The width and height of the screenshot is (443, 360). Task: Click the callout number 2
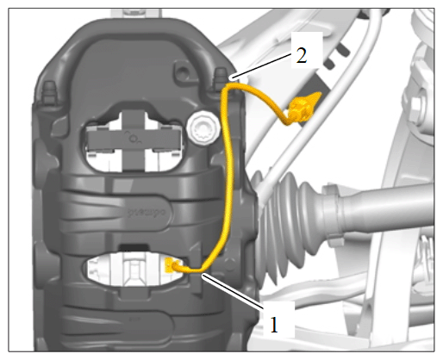coord(302,55)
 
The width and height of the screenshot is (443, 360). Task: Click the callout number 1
coord(274,325)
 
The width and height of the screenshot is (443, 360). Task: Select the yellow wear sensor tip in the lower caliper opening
coord(169,264)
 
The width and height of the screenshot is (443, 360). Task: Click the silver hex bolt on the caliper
coord(203,128)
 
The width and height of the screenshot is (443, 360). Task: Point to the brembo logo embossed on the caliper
coord(147,213)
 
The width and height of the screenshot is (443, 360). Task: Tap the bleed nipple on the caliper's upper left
coord(49,91)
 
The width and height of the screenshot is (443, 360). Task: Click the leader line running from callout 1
coord(233,292)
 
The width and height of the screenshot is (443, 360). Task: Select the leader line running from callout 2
coord(261,65)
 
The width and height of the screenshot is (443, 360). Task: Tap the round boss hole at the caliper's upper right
coord(183,71)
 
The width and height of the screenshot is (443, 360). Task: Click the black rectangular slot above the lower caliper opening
coord(134,247)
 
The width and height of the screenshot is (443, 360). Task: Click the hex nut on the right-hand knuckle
coord(417,105)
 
